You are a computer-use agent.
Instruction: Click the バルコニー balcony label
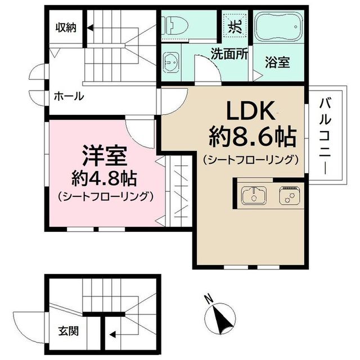click(324, 135)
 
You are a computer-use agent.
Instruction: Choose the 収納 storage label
click(66, 27)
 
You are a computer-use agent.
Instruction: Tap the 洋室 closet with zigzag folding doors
click(179, 191)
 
